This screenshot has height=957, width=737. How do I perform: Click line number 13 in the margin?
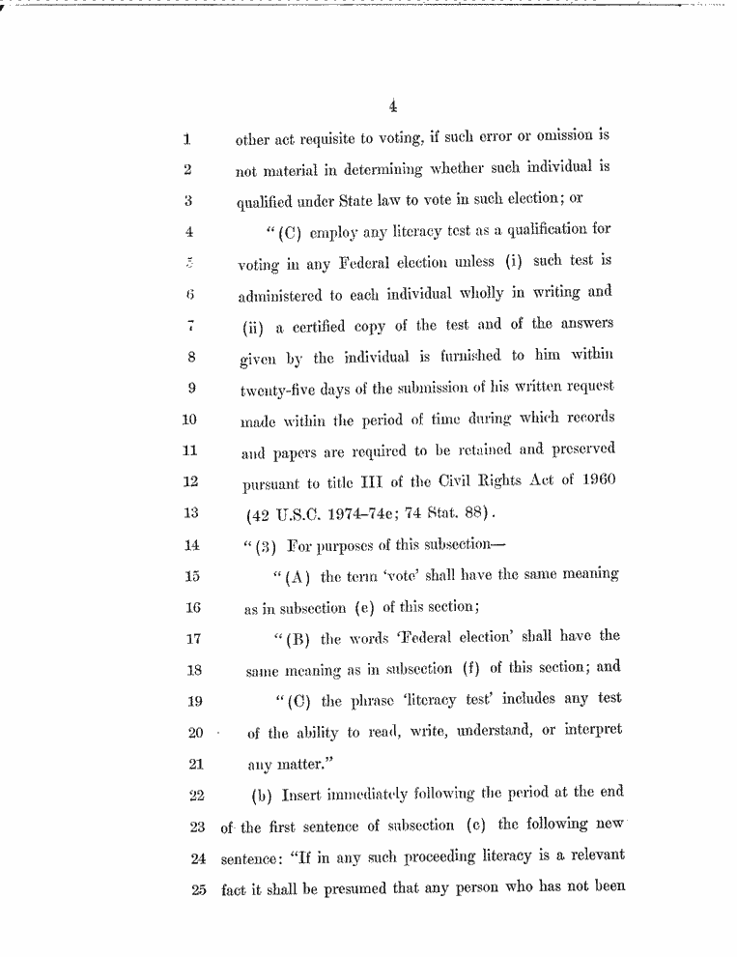[188, 512]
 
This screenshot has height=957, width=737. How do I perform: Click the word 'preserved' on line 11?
[579, 449]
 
